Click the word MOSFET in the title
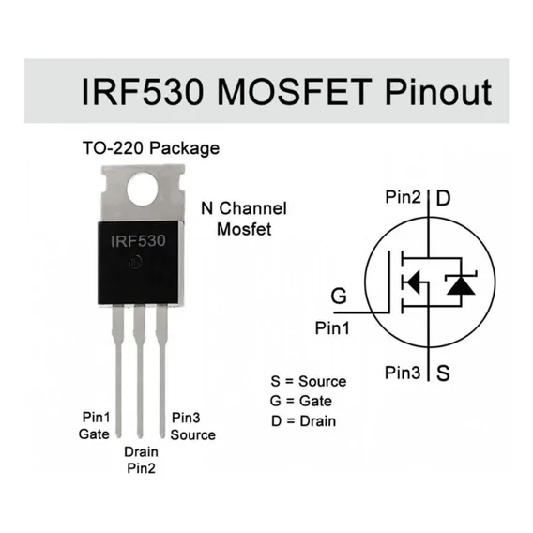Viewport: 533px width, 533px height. (x=295, y=92)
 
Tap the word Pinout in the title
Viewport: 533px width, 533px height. (x=438, y=91)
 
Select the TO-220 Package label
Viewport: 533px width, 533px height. (x=151, y=148)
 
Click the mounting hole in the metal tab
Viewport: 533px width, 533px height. (x=143, y=189)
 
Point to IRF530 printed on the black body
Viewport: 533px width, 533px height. (x=138, y=241)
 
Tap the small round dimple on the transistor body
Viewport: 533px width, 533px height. (x=135, y=262)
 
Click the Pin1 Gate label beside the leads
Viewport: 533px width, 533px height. (x=95, y=426)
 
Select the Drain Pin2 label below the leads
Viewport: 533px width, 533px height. (x=141, y=460)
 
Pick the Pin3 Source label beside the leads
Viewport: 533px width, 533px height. (x=192, y=426)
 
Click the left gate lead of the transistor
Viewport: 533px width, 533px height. (x=117, y=371)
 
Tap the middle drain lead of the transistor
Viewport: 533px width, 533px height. (x=140, y=371)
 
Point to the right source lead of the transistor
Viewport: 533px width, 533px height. (x=161, y=371)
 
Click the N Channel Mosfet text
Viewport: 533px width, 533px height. (x=244, y=219)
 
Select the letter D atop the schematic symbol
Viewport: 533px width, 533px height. (x=443, y=198)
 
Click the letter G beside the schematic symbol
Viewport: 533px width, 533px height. (x=339, y=296)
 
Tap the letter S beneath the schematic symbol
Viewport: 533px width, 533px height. (x=443, y=373)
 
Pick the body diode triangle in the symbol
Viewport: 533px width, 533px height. (x=461, y=285)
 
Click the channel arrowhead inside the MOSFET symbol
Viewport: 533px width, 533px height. (x=413, y=282)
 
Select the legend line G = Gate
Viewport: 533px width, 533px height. (x=301, y=401)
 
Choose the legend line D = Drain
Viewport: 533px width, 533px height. (x=303, y=421)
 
